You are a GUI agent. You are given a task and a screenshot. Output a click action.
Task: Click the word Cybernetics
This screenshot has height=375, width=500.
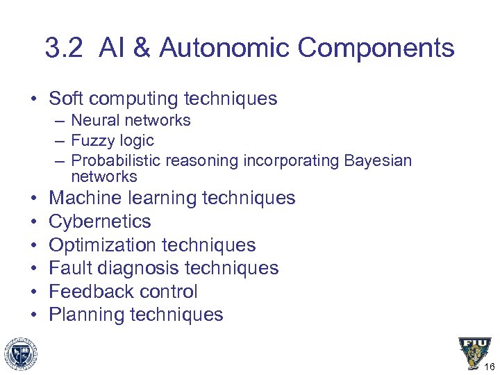click(x=100, y=222)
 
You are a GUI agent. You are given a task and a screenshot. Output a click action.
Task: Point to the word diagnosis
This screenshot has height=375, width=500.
click(x=138, y=268)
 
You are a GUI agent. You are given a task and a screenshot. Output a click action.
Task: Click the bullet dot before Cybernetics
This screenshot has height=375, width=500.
click(x=34, y=222)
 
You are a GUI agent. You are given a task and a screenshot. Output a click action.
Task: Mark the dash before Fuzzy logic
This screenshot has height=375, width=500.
click(x=60, y=140)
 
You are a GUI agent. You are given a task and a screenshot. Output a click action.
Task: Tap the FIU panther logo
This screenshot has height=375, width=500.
click(x=474, y=353)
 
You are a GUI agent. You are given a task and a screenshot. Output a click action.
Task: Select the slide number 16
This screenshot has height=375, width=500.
click(x=489, y=367)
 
